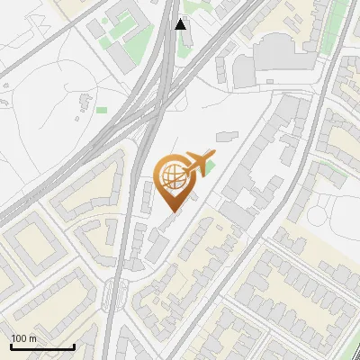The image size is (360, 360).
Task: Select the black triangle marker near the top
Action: coord(181,24)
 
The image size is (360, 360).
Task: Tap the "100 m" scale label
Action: coord(23,337)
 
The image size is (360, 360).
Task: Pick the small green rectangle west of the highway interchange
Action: coord(102,110)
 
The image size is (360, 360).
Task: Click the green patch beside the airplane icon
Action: coord(208,170)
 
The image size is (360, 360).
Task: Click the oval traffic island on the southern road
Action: coord(112,293)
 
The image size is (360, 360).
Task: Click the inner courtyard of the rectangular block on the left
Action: coord(34,238)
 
